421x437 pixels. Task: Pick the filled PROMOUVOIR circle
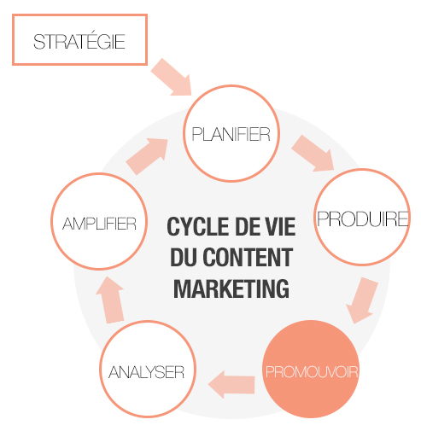[x=311, y=369]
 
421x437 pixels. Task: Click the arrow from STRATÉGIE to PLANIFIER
[x=172, y=77]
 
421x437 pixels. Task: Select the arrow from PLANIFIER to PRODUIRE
[x=313, y=154]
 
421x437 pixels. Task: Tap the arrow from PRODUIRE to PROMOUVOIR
[x=362, y=300]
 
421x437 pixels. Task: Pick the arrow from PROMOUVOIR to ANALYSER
[x=231, y=384]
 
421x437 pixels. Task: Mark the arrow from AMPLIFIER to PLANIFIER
[x=147, y=156]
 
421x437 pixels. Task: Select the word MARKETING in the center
[x=231, y=288]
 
